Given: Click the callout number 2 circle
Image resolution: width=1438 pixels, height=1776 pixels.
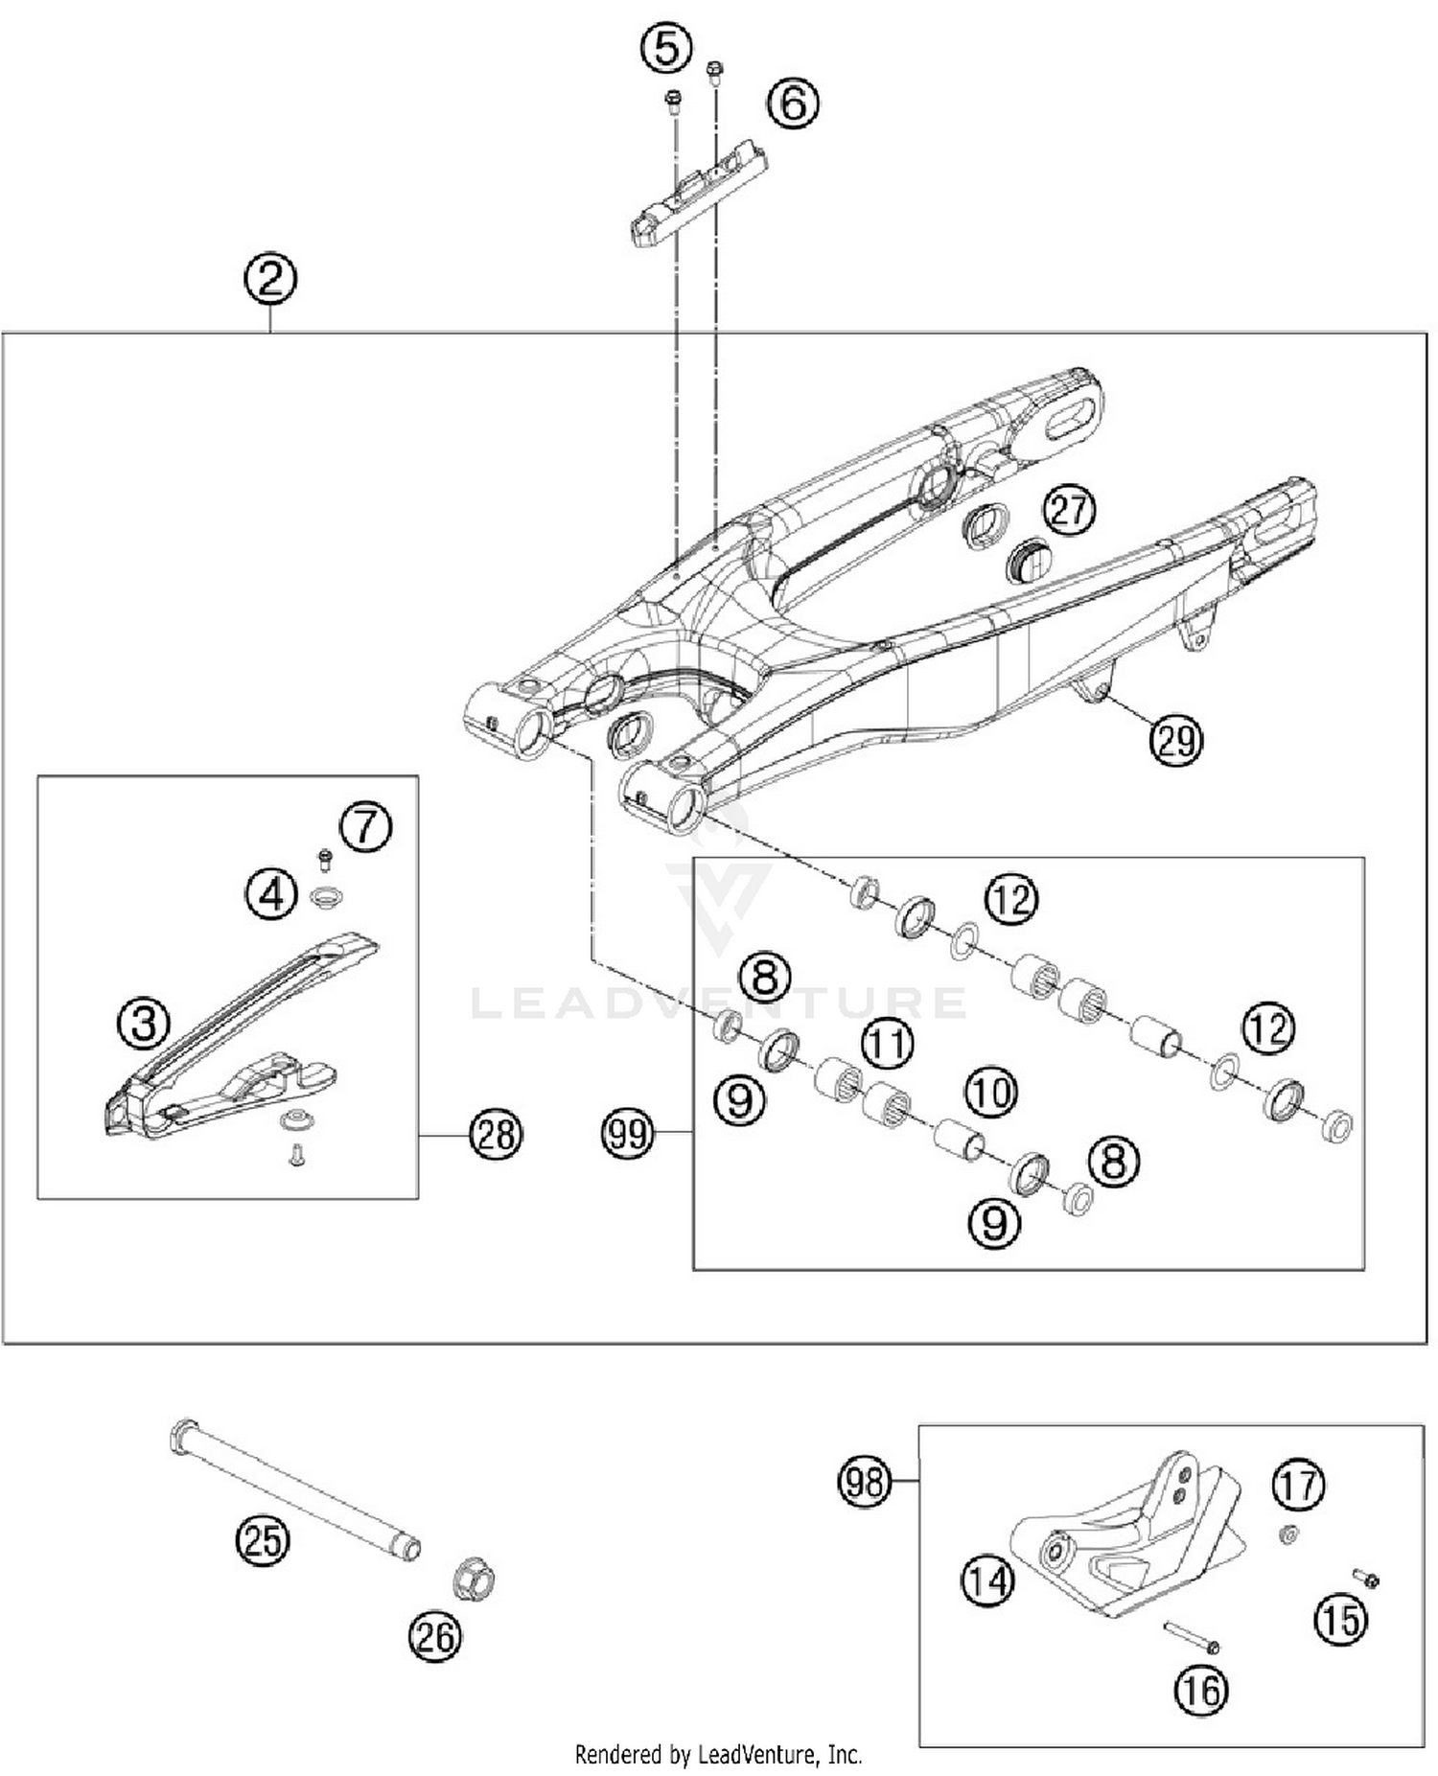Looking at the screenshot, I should tap(270, 279).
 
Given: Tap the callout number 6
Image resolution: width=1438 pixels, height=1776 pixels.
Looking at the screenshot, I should tap(793, 103).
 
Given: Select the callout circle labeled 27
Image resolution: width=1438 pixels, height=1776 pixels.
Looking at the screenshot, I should tap(1069, 509).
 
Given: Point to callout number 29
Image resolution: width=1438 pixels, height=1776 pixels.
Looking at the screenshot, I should tap(1176, 740).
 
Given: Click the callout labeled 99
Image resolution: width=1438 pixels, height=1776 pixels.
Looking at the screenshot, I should tap(628, 1134).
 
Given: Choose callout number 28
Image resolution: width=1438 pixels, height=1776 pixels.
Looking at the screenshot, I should tap(496, 1135).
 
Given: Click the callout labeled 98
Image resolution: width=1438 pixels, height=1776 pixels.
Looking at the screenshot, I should tap(865, 1482).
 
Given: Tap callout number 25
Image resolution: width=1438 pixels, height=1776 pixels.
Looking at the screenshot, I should tap(263, 1540).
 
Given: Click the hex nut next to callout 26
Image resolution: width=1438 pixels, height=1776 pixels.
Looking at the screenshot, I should tap(473, 1577).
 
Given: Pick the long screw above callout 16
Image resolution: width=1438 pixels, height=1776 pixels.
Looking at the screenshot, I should tap(1190, 1635).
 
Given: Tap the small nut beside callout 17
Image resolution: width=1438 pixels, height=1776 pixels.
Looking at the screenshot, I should tap(1289, 1534).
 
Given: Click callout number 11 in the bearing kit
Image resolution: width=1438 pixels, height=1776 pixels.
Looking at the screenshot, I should tap(887, 1043).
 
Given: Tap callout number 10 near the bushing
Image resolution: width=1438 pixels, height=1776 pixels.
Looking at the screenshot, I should tap(990, 1092).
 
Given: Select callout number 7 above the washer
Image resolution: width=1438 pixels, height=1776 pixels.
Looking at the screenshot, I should tap(365, 825).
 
